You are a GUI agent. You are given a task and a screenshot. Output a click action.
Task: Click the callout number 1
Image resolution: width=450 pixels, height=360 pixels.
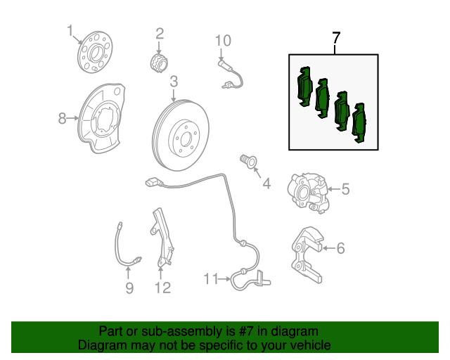(70, 30)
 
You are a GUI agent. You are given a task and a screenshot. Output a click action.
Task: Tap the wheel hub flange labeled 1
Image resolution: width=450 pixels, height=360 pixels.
(95, 52)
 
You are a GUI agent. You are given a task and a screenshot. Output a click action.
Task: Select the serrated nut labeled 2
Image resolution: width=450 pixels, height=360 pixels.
(160, 63)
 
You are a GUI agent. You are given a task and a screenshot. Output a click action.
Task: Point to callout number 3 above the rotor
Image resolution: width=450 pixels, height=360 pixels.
(174, 82)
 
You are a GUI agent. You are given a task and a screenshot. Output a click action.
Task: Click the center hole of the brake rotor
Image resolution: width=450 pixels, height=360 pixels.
(186, 139)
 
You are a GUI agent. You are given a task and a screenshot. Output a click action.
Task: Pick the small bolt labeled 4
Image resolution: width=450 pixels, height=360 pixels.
(248, 161)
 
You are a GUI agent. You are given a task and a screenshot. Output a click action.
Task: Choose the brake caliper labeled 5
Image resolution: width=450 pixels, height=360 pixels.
(308, 193)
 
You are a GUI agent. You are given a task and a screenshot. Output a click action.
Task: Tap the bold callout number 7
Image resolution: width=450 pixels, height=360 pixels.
(336, 38)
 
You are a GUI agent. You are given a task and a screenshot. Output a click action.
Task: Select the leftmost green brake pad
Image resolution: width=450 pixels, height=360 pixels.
(304, 86)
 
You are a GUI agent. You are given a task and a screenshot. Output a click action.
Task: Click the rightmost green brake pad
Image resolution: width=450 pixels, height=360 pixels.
(359, 123)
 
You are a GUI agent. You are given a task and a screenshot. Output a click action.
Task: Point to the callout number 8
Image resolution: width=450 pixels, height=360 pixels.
(62, 118)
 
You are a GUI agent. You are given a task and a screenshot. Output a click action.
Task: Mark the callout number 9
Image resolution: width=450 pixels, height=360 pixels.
(129, 288)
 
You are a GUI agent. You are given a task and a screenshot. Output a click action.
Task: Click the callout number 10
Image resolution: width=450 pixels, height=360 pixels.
(223, 41)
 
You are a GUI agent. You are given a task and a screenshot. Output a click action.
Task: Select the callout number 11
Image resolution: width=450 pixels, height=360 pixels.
(211, 278)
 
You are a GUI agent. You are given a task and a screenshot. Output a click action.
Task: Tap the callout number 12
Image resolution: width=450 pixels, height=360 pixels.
(162, 288)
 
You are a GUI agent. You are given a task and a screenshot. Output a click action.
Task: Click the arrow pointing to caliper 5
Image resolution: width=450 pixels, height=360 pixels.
(334, 189)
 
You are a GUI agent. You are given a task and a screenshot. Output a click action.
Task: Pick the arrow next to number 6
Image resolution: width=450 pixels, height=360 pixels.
(329, 247)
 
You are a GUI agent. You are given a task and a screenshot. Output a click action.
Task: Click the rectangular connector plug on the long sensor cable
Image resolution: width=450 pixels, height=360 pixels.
(152, 183)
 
